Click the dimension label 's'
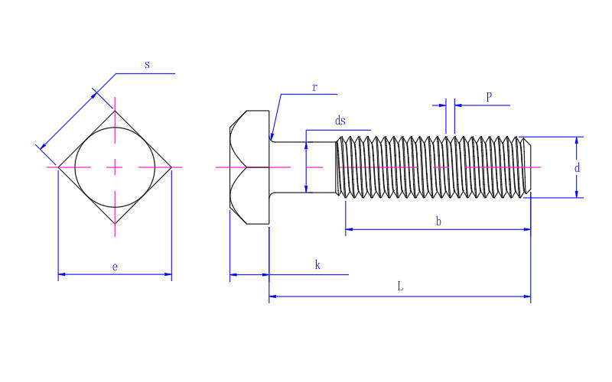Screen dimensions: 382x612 click(147, 65)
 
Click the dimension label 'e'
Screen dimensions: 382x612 click(115, 267)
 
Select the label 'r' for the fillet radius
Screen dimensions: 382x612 click(314, 87)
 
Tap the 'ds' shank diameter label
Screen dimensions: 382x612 click(340, 121)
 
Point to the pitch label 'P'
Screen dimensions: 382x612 click(489, 97)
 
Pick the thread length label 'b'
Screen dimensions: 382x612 click(438, 222)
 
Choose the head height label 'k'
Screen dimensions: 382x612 click(317, 265)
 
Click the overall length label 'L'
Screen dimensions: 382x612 click(400, 287)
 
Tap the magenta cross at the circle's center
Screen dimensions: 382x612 click(115, 167)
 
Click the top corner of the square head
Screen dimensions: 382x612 click(115, 111)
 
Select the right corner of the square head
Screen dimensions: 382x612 click(171, 167)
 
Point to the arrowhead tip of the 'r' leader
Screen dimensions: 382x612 click(272, 139)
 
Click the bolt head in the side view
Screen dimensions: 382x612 click(249, 167)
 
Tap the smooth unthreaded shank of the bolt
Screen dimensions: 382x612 click(302, 167)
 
